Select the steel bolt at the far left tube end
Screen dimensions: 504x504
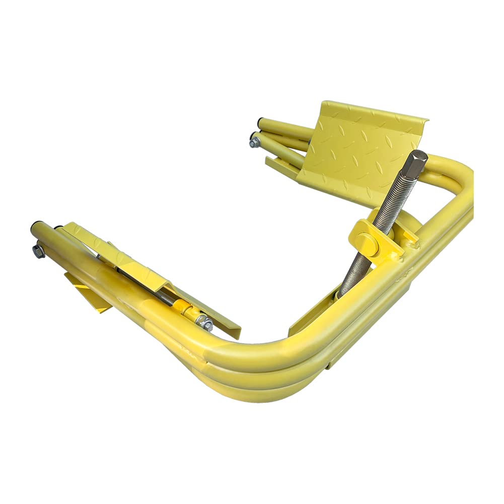(x=38, y=250)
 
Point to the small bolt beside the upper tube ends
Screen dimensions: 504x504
(x=255, y=141)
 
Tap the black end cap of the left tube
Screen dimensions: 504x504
(x=38, y=225)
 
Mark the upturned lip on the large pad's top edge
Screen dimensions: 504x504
(x=373, y=111)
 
